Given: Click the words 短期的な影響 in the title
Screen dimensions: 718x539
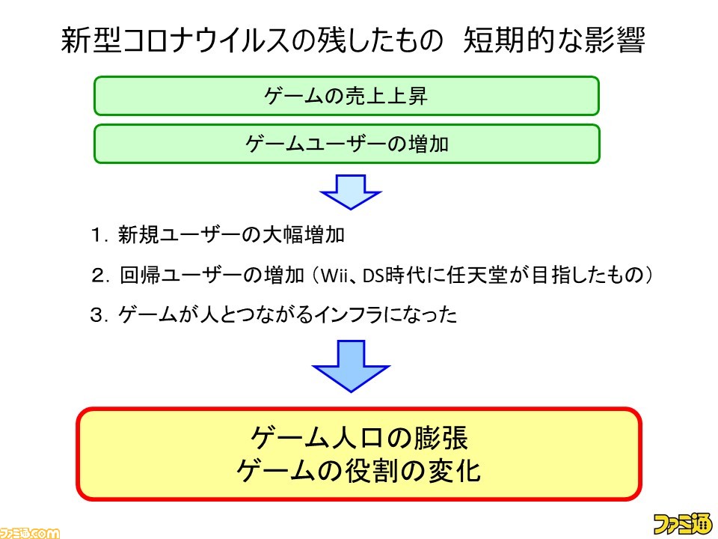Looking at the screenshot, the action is tap(554, 40).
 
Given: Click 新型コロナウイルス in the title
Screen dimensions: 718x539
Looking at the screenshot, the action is tap(176, 40).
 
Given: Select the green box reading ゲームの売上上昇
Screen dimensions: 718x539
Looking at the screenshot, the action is tap(346, 96).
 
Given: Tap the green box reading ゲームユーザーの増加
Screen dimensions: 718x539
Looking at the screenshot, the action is tap(346, 144).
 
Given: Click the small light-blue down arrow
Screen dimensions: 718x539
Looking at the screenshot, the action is tap(351, 192).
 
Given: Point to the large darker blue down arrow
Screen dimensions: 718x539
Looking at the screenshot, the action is tap(351, 366).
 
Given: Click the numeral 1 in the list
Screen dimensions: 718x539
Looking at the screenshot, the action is tap(97, 235).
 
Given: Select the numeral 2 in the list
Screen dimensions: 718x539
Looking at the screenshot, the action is tap(98, 275).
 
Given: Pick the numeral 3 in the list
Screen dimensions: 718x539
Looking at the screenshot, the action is tap(96, 315).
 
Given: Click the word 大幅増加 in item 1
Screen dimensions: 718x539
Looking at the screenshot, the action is tap(303, 234).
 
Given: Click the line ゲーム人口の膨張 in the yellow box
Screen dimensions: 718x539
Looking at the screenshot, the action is tap(358, 438).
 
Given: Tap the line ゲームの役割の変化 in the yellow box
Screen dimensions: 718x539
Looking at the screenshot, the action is tap(358, 472).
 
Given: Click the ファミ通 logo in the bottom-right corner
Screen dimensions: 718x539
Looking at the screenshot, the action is tap(682, 523).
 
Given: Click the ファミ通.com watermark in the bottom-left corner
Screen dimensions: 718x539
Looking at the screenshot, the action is tap(30, 532).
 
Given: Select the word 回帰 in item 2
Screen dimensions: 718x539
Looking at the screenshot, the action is tap(140, 275).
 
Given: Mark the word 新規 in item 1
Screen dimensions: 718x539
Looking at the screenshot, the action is tap(138, 234).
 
